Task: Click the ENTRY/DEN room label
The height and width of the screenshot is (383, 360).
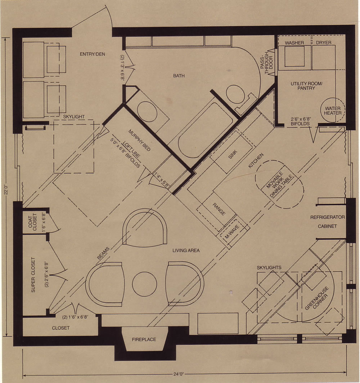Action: [x=92, y=54]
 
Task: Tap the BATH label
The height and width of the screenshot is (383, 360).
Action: [x=179, y=76]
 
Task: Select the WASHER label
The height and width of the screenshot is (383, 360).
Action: [x=294, y=43]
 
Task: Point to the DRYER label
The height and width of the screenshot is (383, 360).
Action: [x=324, y=42]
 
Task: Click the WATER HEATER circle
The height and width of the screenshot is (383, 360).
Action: [x=333, y=111]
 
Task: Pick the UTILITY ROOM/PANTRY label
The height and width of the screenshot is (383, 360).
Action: [x=306, y=86]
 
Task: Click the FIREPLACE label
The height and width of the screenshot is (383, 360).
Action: [x=144, y=339]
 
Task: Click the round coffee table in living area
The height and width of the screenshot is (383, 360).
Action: [x=144, y=284]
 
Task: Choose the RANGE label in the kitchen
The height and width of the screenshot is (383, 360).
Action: [x=219, y=209]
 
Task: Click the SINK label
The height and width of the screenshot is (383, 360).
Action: [x=233, y=154]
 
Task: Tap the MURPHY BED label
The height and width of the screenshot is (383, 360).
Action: [x=139, y=140]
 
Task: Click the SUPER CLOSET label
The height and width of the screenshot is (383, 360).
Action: [x=33, y=275]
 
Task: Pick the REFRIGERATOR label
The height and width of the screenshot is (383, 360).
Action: [x=327, y=217]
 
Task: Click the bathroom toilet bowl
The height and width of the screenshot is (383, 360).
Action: [x=235, y=94]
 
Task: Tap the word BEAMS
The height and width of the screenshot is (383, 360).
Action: [x=103, y=253]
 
